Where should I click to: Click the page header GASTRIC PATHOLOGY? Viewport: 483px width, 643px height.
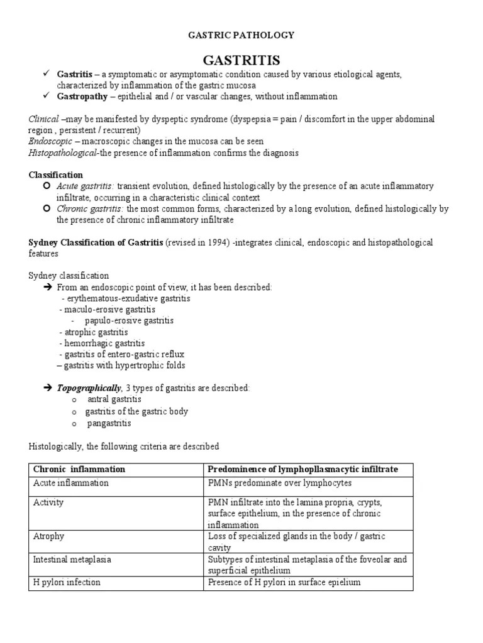(x=241, y=36)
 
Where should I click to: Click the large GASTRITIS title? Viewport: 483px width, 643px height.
(x=241, y=60)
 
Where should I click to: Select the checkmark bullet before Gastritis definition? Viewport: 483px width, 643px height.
(x=46, y=74)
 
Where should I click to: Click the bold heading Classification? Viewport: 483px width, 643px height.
(x=56, y=175)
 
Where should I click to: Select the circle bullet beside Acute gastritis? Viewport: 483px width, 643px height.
(x=47, y=186)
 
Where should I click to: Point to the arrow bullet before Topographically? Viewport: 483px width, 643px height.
(x=47, y=389)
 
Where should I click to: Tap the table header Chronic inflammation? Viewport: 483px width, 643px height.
(x=79, y=469)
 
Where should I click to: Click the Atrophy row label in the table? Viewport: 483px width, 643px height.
(x=48, y=537)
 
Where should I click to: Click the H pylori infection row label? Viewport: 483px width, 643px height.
(x=66, y=582)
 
